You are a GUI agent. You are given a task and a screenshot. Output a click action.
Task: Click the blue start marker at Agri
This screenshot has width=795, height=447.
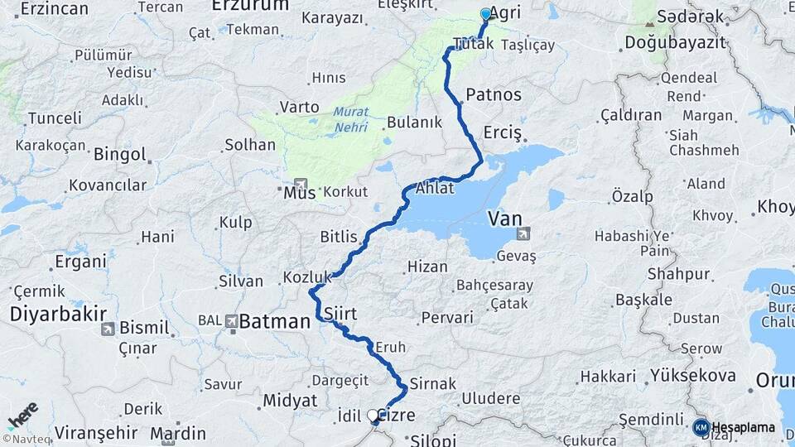(486, 14)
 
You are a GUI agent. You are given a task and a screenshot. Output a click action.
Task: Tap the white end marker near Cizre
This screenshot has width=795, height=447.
(373, 416)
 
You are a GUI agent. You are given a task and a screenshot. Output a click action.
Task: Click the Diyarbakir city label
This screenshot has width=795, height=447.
(58, 314)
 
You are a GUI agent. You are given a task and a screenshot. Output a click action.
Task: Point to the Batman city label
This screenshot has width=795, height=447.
(273, 320)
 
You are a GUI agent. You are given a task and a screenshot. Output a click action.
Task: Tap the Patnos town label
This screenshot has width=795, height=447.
(494, 94)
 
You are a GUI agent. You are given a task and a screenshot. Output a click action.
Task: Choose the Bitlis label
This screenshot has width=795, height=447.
(338, 237)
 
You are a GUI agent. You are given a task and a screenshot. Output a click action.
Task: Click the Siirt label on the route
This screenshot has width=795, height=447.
(341, 313)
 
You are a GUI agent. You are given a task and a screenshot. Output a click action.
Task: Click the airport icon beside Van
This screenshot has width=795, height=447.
(523, 234)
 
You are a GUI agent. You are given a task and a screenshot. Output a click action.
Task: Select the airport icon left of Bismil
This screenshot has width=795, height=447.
(108, 329)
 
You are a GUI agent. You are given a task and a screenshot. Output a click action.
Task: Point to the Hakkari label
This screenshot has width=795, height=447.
(608, 377)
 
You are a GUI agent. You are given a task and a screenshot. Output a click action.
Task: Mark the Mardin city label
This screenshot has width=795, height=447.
(178, 433)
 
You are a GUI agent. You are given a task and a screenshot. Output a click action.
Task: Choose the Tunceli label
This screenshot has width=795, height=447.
(55, 118)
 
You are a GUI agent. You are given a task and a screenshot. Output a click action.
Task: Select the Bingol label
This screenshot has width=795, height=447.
(120, 154)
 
